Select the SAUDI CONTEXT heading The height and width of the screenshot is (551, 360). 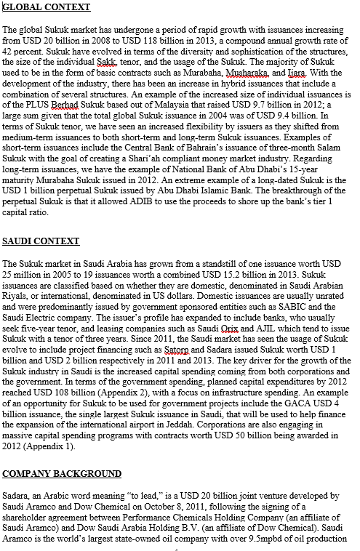tap(41, 241)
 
